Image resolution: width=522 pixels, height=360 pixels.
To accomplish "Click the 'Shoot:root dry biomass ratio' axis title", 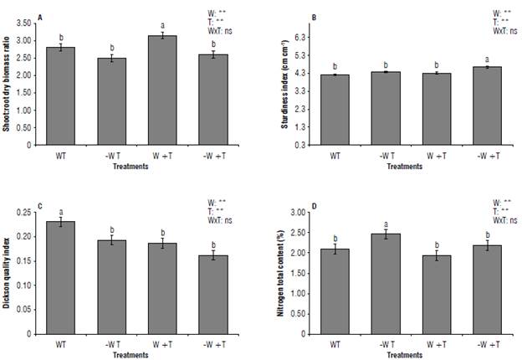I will tap(8, 84).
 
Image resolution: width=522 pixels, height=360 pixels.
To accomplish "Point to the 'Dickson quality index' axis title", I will tap(8, 273).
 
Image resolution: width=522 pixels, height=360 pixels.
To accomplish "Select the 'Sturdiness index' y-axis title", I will tap(287, 84).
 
